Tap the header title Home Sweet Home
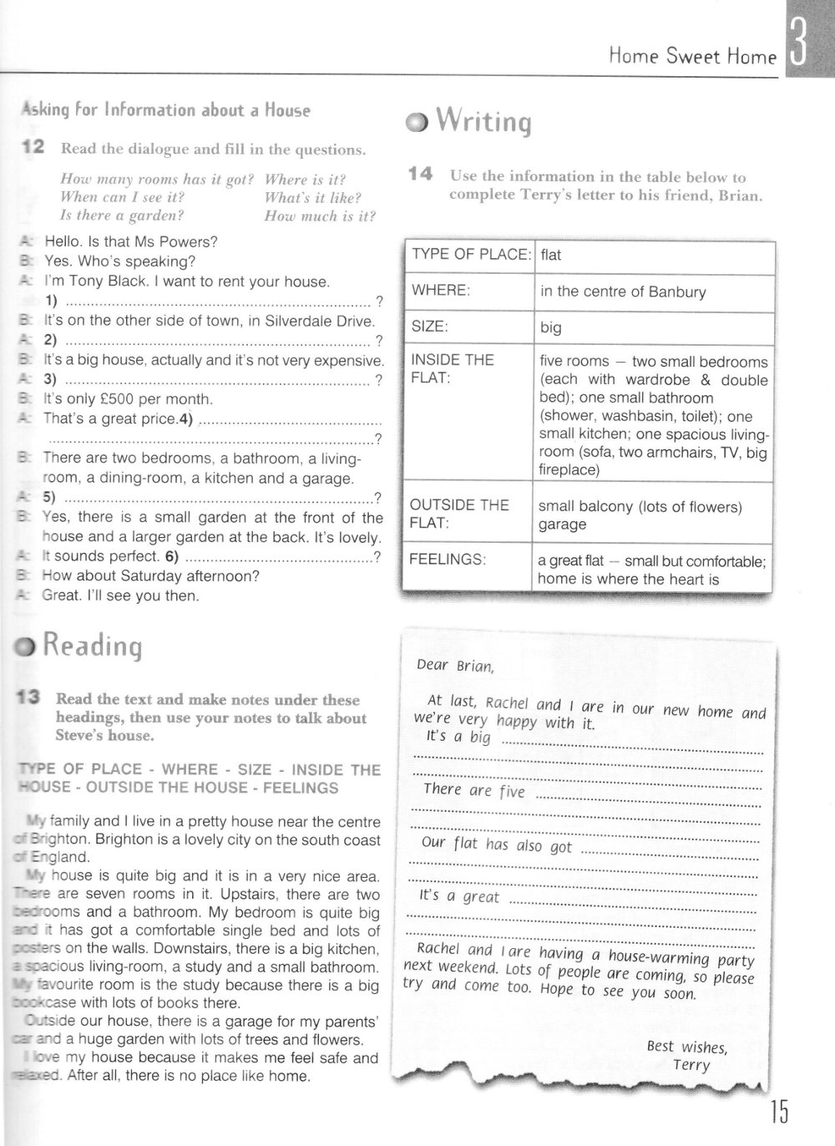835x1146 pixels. coord(692,57)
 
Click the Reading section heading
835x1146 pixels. coord(92,646)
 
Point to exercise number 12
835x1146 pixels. coord(33,148)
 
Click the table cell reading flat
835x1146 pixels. coord(551,255)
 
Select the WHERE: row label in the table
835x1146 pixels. coord(441,290)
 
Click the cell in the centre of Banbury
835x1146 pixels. coord(623,292)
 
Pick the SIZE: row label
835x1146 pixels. coord(430,327)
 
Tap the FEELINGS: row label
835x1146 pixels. coord(447,560)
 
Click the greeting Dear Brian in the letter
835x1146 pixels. coord(455,665)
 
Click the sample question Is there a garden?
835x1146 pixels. coord(122,216)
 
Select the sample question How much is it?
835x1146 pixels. coord(320,216)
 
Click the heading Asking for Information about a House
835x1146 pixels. coord(165,110)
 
